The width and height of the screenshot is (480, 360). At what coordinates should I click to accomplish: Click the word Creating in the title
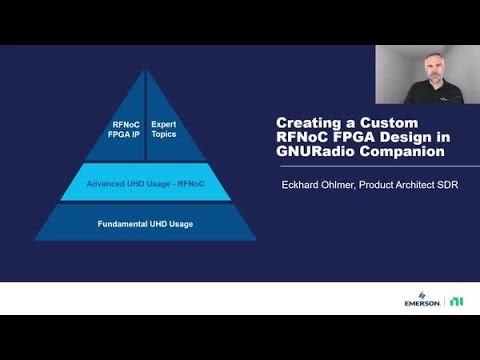305,123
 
